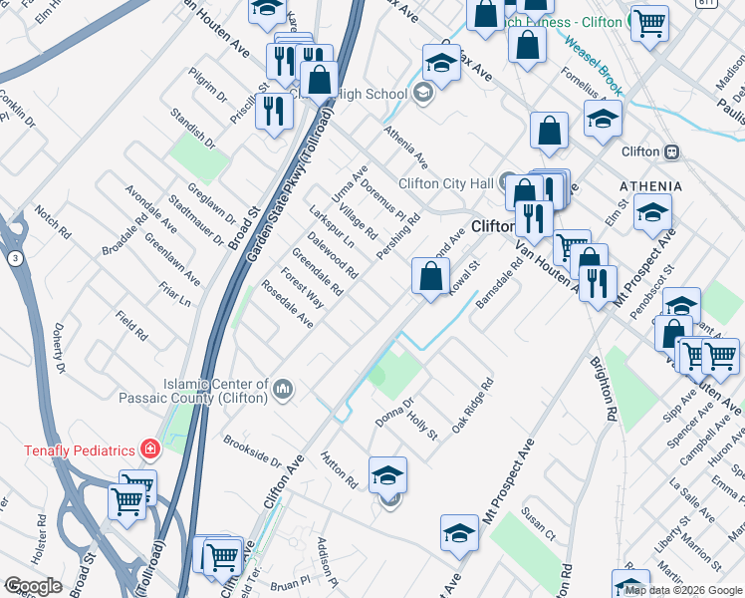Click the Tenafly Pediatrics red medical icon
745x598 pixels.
(150, 449)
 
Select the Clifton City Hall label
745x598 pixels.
(446, 182)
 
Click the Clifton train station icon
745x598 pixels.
(672, 151)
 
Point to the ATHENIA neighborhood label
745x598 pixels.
(650, 186)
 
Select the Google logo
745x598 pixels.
(33, 586)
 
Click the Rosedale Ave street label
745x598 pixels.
(287, 304)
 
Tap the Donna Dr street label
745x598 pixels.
(394, 411)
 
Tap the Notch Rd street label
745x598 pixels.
(52, 222)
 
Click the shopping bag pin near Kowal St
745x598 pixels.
(430, 276)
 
